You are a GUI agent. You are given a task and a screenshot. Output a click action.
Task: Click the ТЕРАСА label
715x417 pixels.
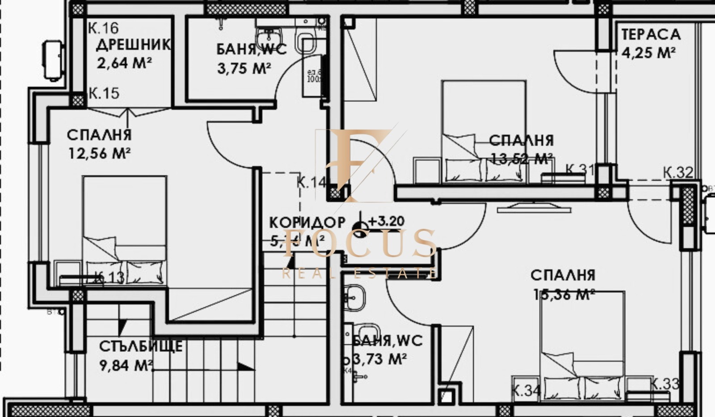(651, 34)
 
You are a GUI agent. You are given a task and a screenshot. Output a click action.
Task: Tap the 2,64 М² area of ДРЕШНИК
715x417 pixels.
(124, 63)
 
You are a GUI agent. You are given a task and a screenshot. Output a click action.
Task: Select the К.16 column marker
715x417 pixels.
(103, 28)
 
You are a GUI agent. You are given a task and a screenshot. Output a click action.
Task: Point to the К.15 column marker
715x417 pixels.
(104, 93)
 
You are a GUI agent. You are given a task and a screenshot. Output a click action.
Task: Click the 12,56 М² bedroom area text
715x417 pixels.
(99, 154)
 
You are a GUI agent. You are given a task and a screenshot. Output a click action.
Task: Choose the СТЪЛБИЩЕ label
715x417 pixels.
(140, 346)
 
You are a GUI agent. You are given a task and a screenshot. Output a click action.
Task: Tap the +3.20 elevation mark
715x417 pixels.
(386, 221)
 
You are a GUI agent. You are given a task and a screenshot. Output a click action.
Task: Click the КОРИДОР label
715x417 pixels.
(307, 222)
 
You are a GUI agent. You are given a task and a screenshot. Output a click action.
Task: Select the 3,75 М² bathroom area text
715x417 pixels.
(244, 68)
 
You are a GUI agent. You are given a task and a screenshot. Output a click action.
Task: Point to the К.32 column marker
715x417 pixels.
(678, 172)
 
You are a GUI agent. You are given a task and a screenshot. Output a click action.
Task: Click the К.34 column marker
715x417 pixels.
(526, 391)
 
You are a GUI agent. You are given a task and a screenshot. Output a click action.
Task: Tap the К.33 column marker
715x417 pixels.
(664, 384)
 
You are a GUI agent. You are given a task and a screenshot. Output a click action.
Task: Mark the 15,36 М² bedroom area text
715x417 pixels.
(564, 294)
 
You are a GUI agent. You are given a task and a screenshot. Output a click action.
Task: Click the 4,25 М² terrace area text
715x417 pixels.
(648, 53)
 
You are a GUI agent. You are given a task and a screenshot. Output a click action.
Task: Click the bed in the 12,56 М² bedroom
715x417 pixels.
(124, 230)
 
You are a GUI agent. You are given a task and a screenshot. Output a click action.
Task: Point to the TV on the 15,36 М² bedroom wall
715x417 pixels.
(534, 207)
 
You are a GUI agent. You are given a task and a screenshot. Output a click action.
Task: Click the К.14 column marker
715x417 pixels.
(312, 182)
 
